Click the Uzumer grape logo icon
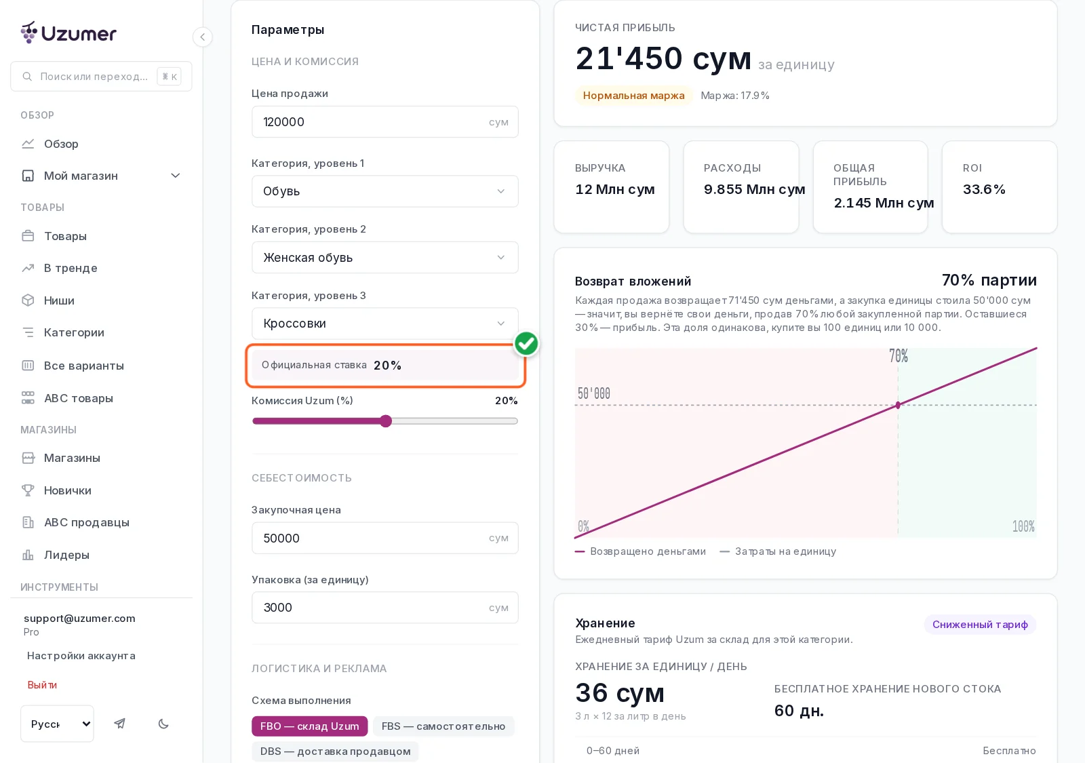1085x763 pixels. coord(29,33)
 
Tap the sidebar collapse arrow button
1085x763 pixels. coord(203,37)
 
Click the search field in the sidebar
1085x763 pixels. coord(101,76)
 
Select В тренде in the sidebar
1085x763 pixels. coord(71,268)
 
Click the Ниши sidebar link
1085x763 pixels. coord(58,300)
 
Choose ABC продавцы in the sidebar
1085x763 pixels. coord(86,522)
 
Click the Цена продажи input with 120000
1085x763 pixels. coord(384,121)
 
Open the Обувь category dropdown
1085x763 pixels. coord(384,191)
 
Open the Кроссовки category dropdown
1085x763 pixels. coord(384,323)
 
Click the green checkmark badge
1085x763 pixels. coord(526,343)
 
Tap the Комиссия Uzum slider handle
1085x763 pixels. coord(386,421)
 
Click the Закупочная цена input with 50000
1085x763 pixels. coord(384,538)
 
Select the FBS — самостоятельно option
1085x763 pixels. coord(443,726)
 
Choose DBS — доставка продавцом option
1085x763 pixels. coord(335,751)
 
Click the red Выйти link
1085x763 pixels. coord(42,684)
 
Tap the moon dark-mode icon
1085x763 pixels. coord(163,724)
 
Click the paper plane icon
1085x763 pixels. coord(119,724)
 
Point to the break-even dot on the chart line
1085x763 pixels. coord(898,405)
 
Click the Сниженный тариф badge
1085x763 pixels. coord(980,625)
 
